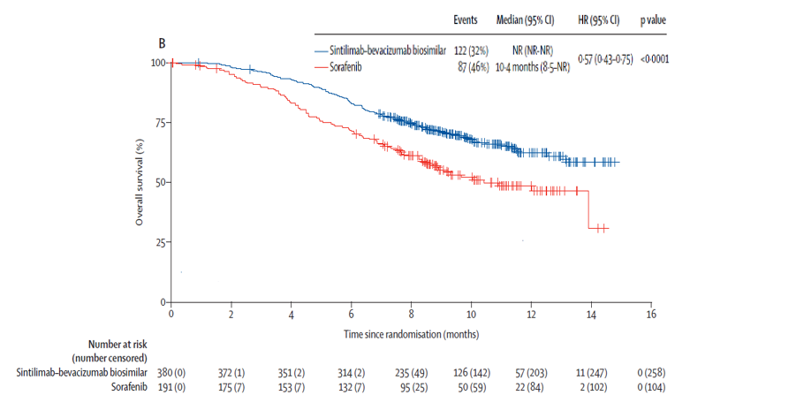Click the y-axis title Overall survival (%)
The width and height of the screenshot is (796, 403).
point(140,182)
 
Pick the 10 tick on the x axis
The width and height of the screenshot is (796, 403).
point(471,314)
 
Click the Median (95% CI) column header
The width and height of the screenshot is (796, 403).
point(531,19)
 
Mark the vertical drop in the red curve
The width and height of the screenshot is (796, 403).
point(589,209)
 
